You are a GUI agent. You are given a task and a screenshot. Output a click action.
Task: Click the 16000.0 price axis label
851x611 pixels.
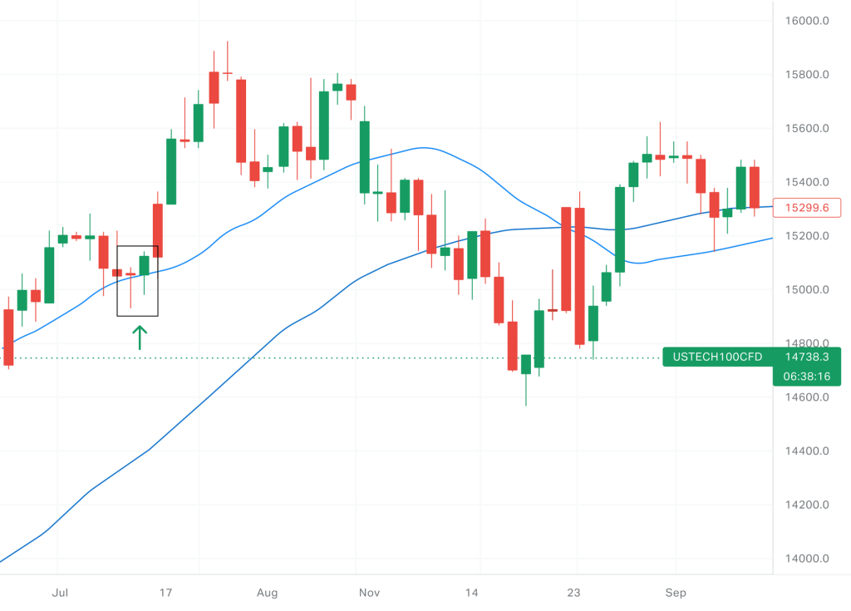(x=807, y=21)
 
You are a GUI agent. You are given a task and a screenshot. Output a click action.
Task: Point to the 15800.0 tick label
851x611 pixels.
(x=807, y=75)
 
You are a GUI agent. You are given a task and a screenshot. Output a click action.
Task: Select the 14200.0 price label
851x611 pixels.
(x=807, y=505)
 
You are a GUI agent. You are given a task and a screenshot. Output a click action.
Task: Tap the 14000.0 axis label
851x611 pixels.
(x=807, y=559)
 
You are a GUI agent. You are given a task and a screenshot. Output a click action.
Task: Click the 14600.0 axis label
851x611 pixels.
(x=807, y=397)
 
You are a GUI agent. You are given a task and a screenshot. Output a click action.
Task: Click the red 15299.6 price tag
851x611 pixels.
(x=807, y=208)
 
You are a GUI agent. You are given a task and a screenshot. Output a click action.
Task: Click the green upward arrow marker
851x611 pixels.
(x=140, y=337)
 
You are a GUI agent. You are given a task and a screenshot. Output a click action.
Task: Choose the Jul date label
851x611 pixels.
(x=59, y=593)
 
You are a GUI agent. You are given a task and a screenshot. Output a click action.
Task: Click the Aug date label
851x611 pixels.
(x=267, y=593)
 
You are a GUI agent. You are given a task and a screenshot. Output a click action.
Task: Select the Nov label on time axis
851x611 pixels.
(x=370, y=593)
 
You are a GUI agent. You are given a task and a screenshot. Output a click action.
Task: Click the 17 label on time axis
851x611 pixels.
(x=165, y=593)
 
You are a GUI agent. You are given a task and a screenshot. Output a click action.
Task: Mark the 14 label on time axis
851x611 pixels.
(x=472, y=593)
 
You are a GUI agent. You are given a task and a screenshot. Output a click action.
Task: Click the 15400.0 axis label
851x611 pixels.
(x=807, y=182)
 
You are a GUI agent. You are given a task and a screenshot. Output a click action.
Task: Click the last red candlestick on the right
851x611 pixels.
(x=755, y=187)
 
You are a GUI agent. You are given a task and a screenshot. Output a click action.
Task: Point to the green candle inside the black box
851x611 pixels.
(x=144, y=265)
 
